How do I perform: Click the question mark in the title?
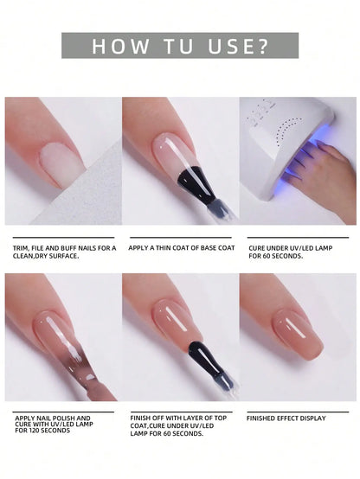tap(262, 47)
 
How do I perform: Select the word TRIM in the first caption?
tap(22, 248)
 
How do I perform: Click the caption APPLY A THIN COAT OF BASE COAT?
tap(182, 248)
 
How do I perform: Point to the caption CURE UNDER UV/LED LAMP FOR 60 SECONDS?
tap(291, 252)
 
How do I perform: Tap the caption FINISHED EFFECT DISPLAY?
tap(286, 418)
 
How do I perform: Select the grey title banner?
tap(180, 46)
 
